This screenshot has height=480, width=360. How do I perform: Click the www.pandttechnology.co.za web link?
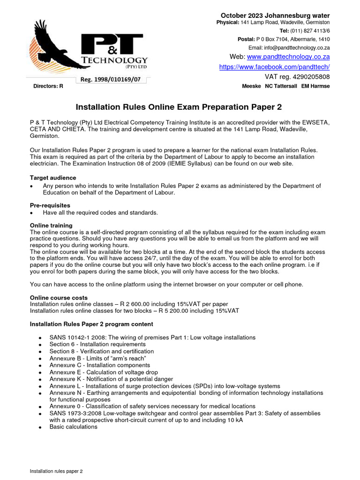[x=288, y=57]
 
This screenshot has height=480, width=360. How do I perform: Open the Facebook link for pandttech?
[x=274, y=67]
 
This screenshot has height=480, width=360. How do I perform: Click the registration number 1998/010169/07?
[x=110, y=80]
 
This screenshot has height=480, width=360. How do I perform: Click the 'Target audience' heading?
[x=53, y=178]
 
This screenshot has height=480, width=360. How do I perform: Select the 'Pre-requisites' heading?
[x=50, y=205]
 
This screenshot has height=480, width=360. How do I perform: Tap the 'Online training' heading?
[x=51, y=225]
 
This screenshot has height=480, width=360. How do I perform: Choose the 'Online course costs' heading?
[x=59, y=298]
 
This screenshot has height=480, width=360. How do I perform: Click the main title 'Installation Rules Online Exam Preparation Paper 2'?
[x=179, y=107]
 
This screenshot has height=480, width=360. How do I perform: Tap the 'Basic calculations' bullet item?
[x=73, y=427]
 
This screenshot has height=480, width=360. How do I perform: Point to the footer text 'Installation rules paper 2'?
[x=56, y=471]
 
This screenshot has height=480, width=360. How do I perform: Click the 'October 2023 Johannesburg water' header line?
[x=275, y=15]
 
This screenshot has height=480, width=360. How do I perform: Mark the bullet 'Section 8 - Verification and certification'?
[x=101, y=351]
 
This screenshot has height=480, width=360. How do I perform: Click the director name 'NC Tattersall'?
[x=281, y=86]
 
